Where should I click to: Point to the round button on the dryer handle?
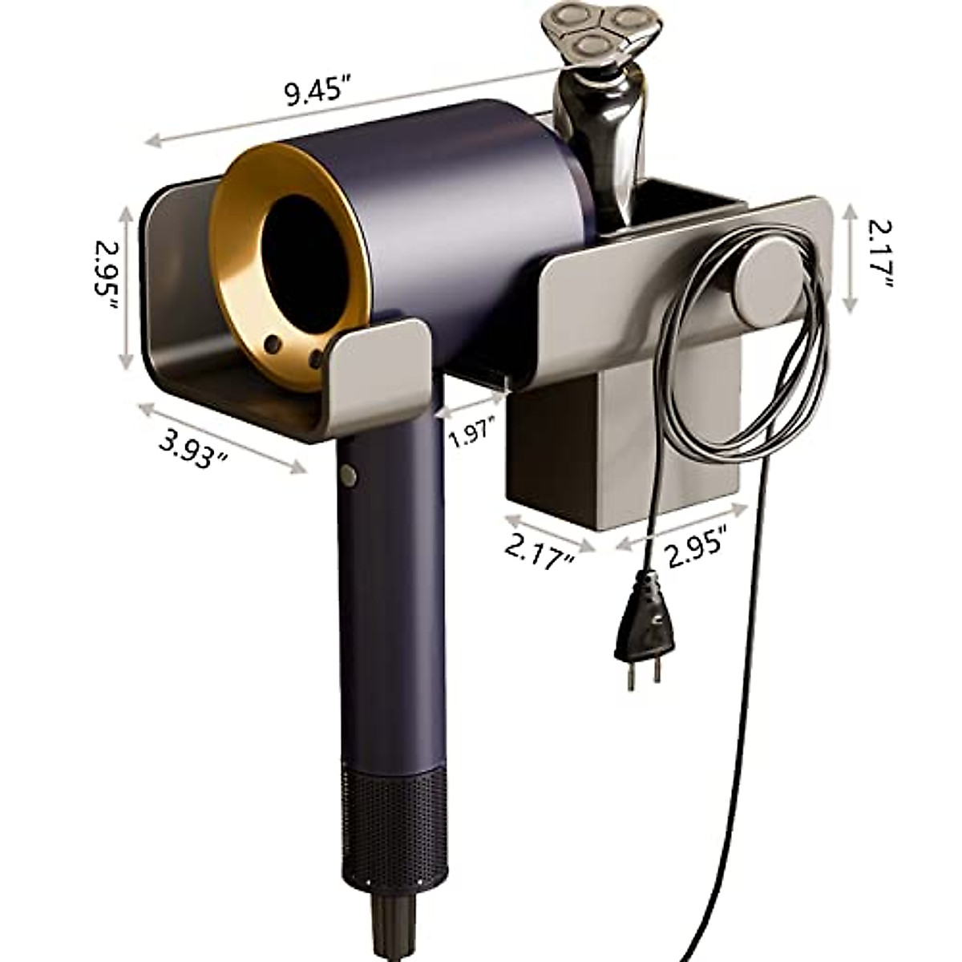[348, 475]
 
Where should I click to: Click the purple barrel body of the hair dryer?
[449, 208]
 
